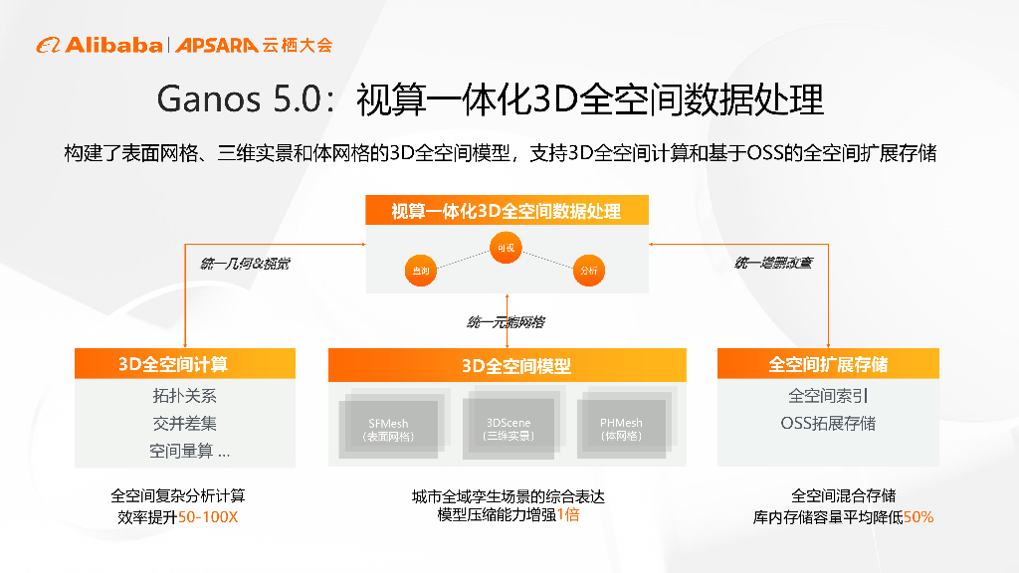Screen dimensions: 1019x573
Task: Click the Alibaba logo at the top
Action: pos(100,45)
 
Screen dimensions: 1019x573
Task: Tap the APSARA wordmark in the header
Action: pos(218,45)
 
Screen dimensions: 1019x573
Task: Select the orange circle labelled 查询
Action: pos(420,270)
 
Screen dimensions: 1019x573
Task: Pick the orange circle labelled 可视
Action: pos(506,248)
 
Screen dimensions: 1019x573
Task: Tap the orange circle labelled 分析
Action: pos(589,270)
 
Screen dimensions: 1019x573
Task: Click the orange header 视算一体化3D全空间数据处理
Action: pos(507,211)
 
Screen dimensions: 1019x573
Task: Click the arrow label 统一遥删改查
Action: pos(773,263)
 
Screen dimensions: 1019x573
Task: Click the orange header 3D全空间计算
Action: pos(185,364)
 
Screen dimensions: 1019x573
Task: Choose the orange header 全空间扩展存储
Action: pos(828,364)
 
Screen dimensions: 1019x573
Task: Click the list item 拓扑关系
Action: pos(185,396)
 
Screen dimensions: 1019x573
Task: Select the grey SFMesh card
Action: pos(387,428)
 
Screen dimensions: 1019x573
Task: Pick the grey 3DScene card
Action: pos(509,428)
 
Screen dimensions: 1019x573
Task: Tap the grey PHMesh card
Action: pos(621,428)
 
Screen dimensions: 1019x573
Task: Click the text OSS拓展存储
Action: pos(828,423)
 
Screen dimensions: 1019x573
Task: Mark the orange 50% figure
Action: pos(918,517)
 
